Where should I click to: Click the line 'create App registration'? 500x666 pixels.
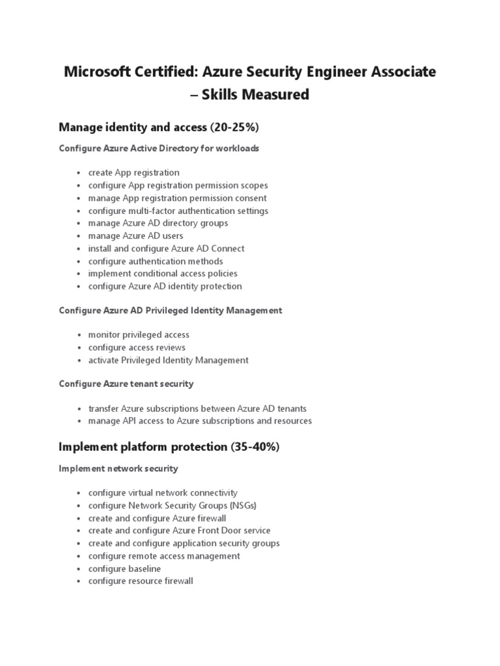(133, 173)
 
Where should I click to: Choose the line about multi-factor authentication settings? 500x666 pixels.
(178, 211)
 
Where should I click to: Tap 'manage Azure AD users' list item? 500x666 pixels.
(135, 235)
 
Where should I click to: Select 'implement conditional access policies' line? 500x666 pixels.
(163, 273)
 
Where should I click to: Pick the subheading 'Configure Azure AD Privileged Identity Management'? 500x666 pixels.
(171, 311)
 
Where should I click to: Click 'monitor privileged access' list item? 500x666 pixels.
(139, 335)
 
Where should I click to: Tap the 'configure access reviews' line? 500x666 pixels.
(137, 347)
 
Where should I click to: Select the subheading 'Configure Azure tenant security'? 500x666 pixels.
(126, 384)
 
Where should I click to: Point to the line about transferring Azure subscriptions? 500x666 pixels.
(197, 408)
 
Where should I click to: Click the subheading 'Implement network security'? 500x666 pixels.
(118, 468)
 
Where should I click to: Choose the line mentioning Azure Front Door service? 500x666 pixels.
(179, 531)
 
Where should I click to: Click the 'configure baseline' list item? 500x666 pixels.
(124, 568)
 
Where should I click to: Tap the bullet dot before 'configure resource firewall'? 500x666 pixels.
(79, 581)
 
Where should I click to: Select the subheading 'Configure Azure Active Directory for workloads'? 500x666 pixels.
(159, 148)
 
